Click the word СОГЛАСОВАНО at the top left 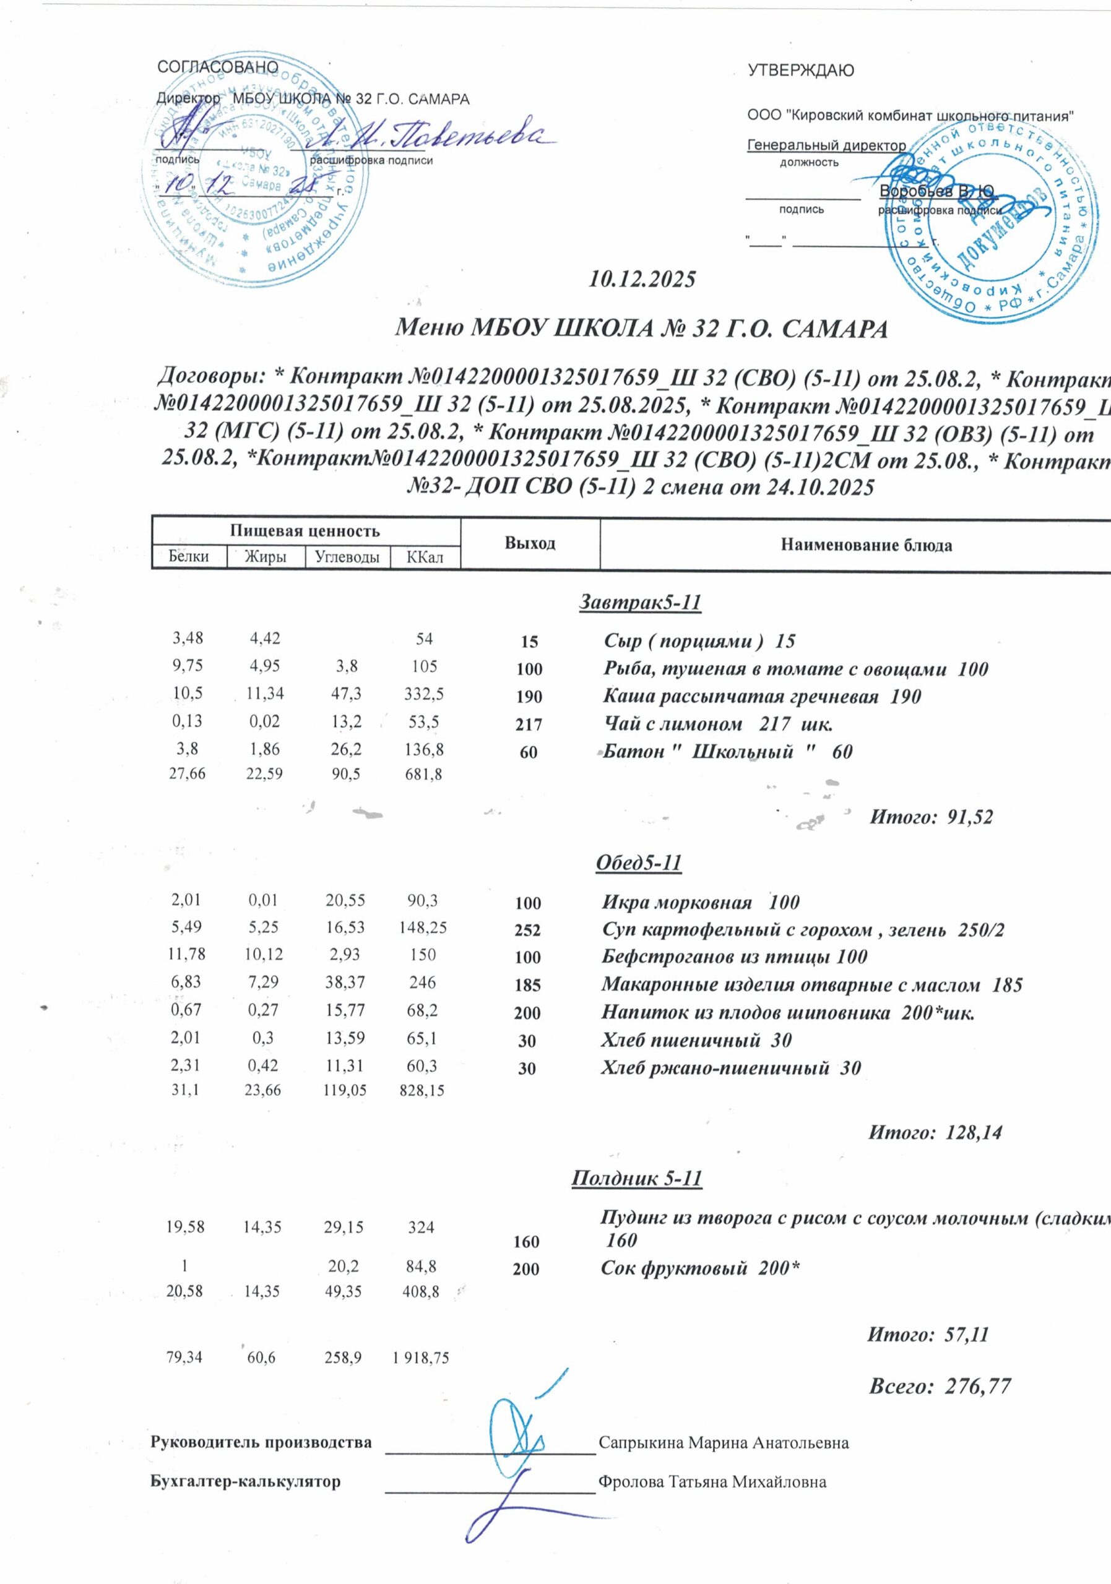(218, 67)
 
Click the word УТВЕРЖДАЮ (800, 71)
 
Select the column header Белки (188, 557)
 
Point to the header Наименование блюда (866, 545)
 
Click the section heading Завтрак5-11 (639, 603)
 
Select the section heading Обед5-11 (638, 863)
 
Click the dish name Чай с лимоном (662, 725)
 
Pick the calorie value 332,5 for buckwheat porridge (424, 694)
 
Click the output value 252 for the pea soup (528, 930)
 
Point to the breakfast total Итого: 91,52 (931, 817)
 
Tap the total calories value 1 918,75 (421, 1358)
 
